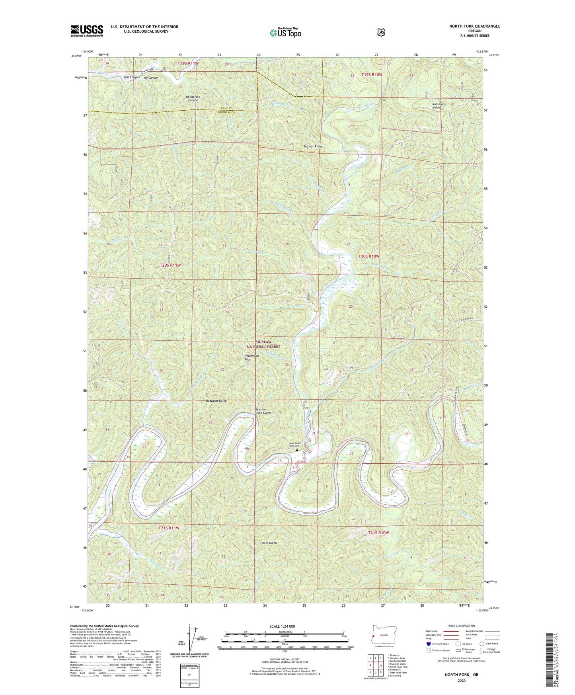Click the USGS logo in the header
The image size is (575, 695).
tap(87, 31)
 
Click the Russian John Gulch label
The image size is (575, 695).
tap(263, 411)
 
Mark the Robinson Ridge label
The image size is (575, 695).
tap(439, 106)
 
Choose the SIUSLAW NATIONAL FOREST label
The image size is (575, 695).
tap(263, 344)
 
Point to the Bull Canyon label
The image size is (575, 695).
tap(132, 77)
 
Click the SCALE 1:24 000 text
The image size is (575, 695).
tap(282, 626)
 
